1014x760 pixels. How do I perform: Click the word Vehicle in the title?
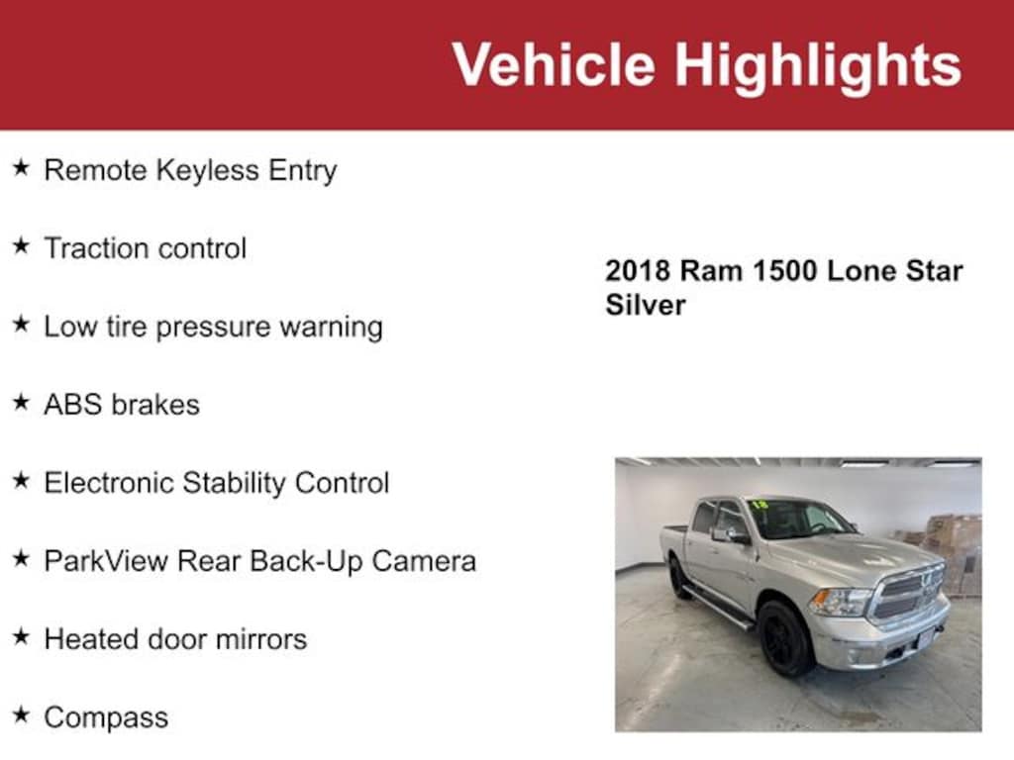click(x=554, y=63)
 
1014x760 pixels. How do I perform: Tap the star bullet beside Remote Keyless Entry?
click(x=22, y=168)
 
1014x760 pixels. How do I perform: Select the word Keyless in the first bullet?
click(x=208, y=170)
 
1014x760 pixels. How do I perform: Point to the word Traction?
click(x=95, y=248)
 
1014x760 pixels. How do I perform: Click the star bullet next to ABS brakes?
click(x=22, y=403)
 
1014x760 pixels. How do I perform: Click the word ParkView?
click(x=106, y=561)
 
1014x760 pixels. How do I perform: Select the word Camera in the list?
click(x=424, y=561)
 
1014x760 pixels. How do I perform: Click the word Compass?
click(x=106, y=718)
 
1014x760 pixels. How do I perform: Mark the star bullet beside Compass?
click(x=22, y=715)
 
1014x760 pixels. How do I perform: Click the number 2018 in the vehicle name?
click(x=638, y=271)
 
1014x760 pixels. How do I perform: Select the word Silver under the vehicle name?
click(x=646, y=305)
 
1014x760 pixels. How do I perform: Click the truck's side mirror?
click(x=726, y=534)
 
